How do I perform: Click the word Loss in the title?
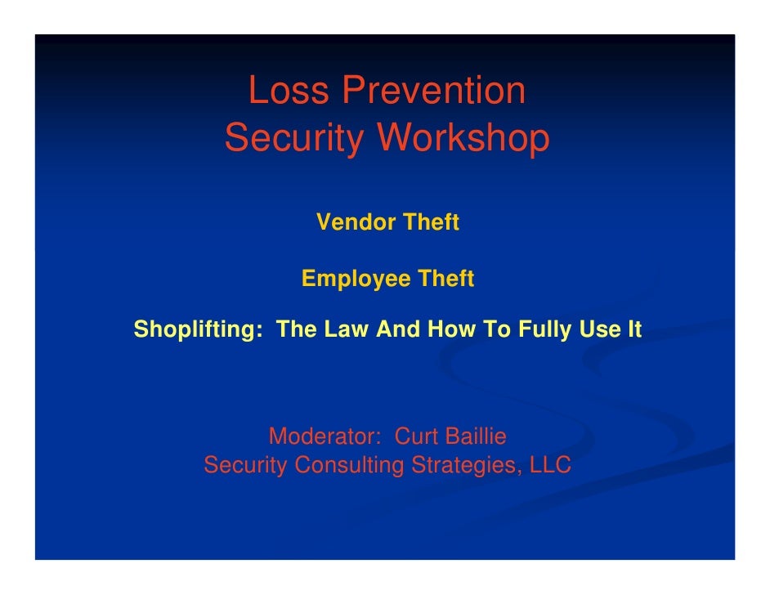coord(288,91)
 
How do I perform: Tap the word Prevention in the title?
coord(434,91)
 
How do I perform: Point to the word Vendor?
coord(352,222)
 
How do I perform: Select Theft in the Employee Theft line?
coord(445,280)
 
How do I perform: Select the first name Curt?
coord(417,436)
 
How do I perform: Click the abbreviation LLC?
coord(550,466)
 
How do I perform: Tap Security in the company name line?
coord(245,466)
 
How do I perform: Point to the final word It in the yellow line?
coord(632,330)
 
